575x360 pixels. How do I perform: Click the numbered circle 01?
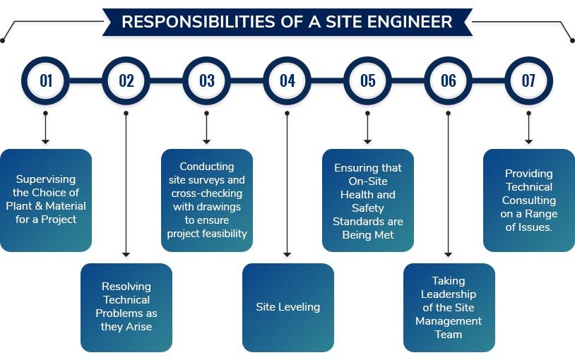(46, 80)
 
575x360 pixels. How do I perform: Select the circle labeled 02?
(126, 80)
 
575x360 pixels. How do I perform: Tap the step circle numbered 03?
(207, 80)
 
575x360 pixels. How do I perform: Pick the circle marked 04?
(287, 80)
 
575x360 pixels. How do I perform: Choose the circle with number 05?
(368, 80)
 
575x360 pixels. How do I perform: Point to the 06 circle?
(449, 80)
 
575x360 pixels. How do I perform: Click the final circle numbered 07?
(529, 80)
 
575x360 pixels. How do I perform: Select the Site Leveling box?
(287, 307)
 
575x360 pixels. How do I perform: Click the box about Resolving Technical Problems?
(126, 307)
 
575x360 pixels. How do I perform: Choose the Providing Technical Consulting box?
(529, 200)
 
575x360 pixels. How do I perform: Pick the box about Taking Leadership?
(449, 307)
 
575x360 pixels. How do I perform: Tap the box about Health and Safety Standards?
(368, 200)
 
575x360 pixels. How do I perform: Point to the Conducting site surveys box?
(207, 200)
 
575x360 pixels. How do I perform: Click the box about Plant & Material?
(46, 200)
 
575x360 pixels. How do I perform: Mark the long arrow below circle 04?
(287, 184)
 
